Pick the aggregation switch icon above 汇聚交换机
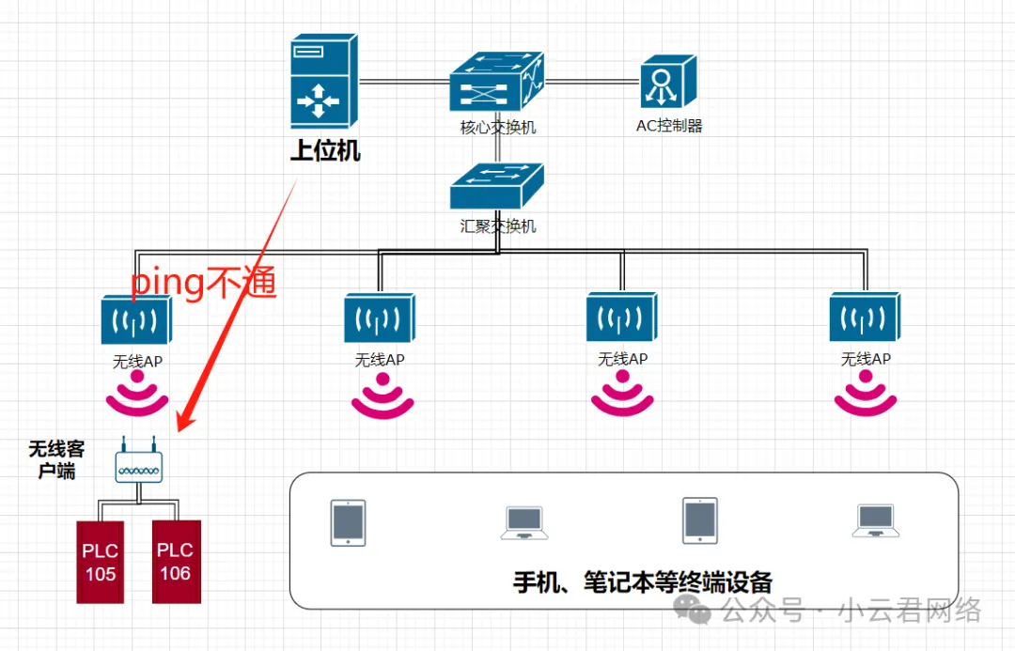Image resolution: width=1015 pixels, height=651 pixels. click(497, 186)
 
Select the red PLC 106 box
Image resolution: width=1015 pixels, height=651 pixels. click(175, 561)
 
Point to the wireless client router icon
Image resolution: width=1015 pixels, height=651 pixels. click(138, 461)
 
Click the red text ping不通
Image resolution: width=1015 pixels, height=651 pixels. click(203, 283)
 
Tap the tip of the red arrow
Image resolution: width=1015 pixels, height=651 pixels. click(180, 430)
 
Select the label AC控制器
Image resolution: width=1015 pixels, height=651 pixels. click(669, 126)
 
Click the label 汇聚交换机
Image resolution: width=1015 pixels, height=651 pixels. click(498, 226)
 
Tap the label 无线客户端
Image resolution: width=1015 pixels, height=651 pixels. click(57, 459)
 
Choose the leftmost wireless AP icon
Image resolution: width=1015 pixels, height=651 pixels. click(135, 319)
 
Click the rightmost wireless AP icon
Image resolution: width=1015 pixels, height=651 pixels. click(865, 318)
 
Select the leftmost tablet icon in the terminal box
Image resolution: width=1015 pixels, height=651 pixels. click(348, 522)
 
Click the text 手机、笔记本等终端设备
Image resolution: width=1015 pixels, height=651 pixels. click(642, 581)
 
